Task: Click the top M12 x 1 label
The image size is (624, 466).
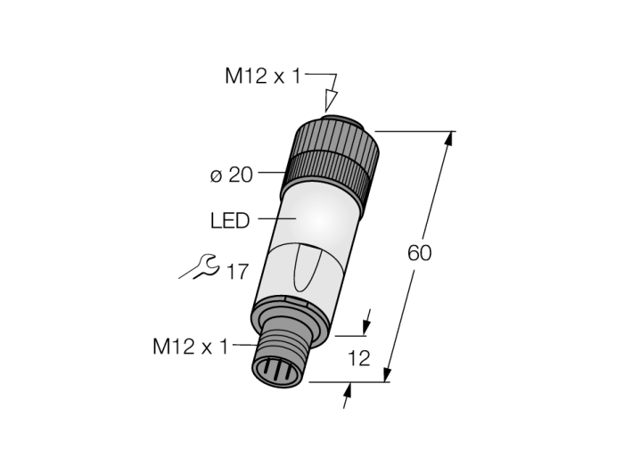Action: (x=263, y=77)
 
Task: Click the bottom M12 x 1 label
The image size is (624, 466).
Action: (x=191, y=346)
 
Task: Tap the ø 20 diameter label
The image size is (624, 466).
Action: (x=232, y=175)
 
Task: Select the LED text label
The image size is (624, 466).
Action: (x=230, y=220)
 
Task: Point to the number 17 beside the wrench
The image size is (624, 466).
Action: (x=237, y=272)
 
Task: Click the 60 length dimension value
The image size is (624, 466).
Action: (x=420, y=253)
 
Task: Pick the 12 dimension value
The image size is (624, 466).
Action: (x=359, y=359)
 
